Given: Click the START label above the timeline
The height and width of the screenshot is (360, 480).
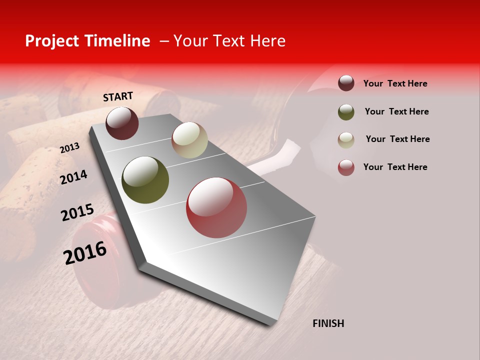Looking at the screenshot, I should (118, 96).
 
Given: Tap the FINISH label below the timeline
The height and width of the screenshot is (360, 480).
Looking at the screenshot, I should (328, 323).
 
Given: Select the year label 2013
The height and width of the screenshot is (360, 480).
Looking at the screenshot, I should (69, 148).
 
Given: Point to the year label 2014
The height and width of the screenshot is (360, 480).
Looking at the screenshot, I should (73, 177).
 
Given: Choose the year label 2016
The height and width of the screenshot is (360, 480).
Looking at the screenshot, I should (85, 253).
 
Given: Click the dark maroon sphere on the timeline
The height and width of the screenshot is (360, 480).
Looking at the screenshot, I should (122, 123).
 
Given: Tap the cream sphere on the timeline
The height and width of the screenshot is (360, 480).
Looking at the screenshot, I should (189, 140).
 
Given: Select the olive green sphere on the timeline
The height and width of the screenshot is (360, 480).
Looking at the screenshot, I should (145, 180).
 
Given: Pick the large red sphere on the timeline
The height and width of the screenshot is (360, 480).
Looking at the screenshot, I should (216, 207).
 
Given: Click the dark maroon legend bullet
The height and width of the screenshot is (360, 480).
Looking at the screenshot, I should (346, 83).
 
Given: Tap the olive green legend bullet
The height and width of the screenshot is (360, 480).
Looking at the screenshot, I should (346, 111).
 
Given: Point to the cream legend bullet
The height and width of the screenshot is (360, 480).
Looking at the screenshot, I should (346, 139).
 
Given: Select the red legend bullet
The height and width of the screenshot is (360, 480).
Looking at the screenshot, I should (346, 167).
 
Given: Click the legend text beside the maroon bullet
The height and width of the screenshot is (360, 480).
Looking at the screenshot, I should (395, 83).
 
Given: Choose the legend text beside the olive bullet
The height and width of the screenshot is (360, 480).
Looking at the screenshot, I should (396, 111).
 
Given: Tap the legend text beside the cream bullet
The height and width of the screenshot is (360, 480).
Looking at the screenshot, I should (397, 139).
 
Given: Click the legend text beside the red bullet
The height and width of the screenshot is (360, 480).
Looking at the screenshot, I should (395, 167).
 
